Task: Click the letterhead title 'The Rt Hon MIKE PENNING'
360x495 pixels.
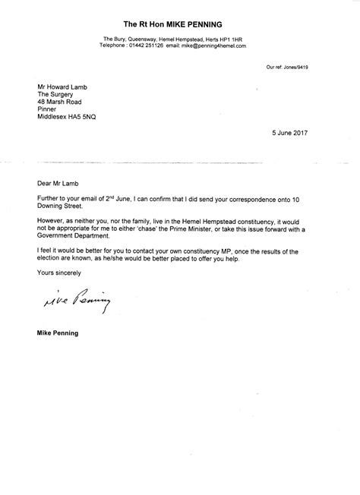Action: tap(179, 23)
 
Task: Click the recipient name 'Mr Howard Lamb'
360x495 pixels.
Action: tap(65, 88)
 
